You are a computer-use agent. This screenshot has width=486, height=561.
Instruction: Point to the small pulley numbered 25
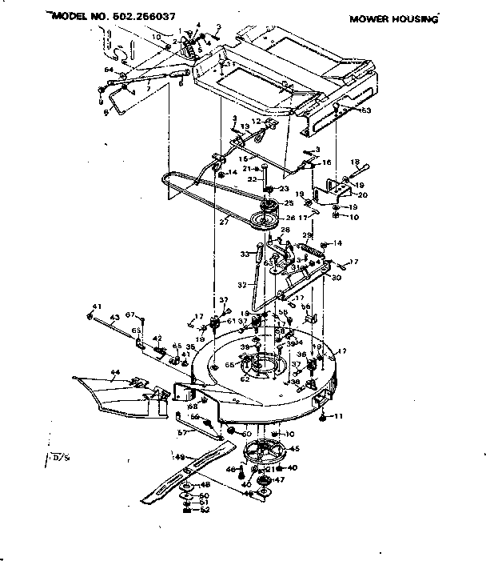tap(267, 202)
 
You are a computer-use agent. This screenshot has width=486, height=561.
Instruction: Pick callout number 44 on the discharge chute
tap(115, 374)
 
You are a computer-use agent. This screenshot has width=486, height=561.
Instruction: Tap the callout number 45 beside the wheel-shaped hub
tap(294, 449)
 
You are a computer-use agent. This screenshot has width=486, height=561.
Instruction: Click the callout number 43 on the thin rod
tap(114, 317)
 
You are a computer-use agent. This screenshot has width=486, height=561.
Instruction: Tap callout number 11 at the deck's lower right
tap(338, 416)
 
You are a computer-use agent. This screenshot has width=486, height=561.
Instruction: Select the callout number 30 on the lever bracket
tap(337, 278)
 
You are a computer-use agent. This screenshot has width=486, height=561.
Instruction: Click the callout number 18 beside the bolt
tap(355, 162)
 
